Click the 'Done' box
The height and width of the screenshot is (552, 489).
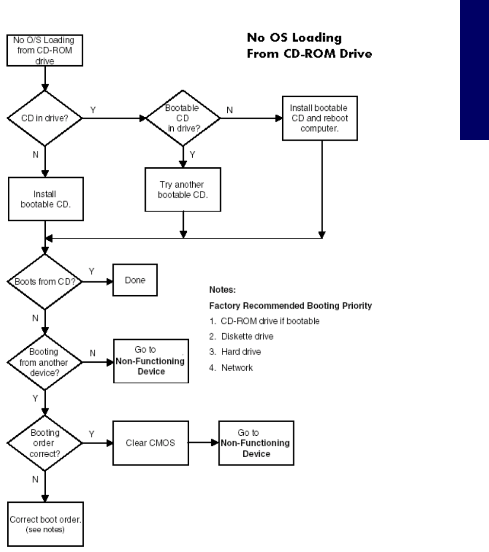tap(135, 280)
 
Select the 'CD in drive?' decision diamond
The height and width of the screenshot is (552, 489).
tap(45, 118)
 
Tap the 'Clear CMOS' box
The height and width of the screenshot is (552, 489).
tap(150, 443)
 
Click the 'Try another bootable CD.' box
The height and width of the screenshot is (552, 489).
tap(183, 189)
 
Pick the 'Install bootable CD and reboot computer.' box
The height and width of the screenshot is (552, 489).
tap(320, 118)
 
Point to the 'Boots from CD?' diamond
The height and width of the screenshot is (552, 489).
tap(45, 282)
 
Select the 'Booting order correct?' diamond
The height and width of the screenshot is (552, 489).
tap(45, 443)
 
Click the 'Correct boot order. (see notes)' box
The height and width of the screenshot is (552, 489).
tap(45, 524)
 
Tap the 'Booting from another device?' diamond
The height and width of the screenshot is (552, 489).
tap(45, 362)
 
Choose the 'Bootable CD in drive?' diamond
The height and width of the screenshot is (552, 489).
tap(183, 118)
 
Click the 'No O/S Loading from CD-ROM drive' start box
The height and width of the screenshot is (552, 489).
tap(45, 51)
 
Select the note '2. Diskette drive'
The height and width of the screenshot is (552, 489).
tap(241, 337)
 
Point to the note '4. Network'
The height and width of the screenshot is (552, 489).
tap(231, 368)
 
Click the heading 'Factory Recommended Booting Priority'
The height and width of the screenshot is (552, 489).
tap(290, 305)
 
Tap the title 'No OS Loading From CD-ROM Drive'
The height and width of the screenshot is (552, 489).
tap(309, 45)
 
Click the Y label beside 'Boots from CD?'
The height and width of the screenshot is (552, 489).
tap(91, 271)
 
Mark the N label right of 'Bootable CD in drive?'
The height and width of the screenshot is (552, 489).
tap(230, 110)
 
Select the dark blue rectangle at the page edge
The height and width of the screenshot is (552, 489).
tap(474, 70)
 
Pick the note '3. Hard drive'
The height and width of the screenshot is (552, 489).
tap(235, 352)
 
